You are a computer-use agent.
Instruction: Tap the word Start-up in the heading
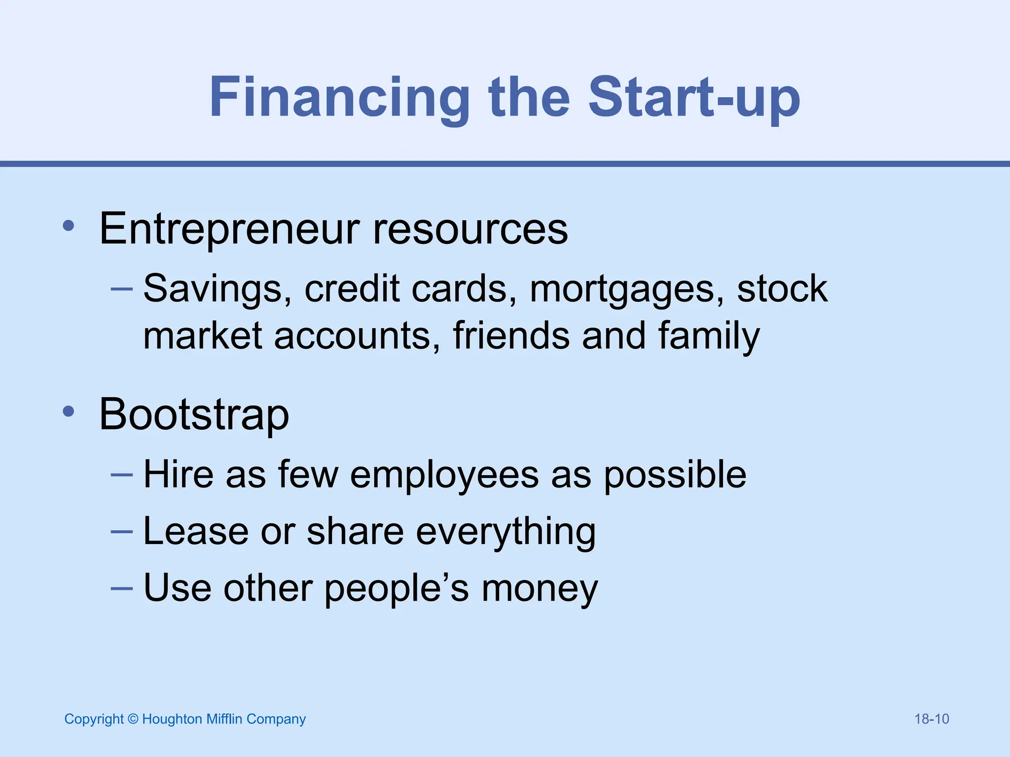pos(694,98)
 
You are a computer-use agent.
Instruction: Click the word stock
pos(782,289)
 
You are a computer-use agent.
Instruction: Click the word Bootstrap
pos(194,414)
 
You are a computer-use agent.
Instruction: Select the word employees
pos(444,475)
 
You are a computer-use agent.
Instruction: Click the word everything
pos(506,531)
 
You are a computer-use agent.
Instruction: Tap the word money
pos(540,588)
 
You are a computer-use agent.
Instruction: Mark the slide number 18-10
pos(932,719)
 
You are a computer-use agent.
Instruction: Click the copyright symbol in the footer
pos(133,719)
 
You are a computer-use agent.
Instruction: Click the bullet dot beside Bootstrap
pos(69,412)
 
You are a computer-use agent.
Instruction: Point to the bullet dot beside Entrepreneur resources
pos(69,226)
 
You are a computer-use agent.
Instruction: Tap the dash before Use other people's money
pos(122,588)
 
